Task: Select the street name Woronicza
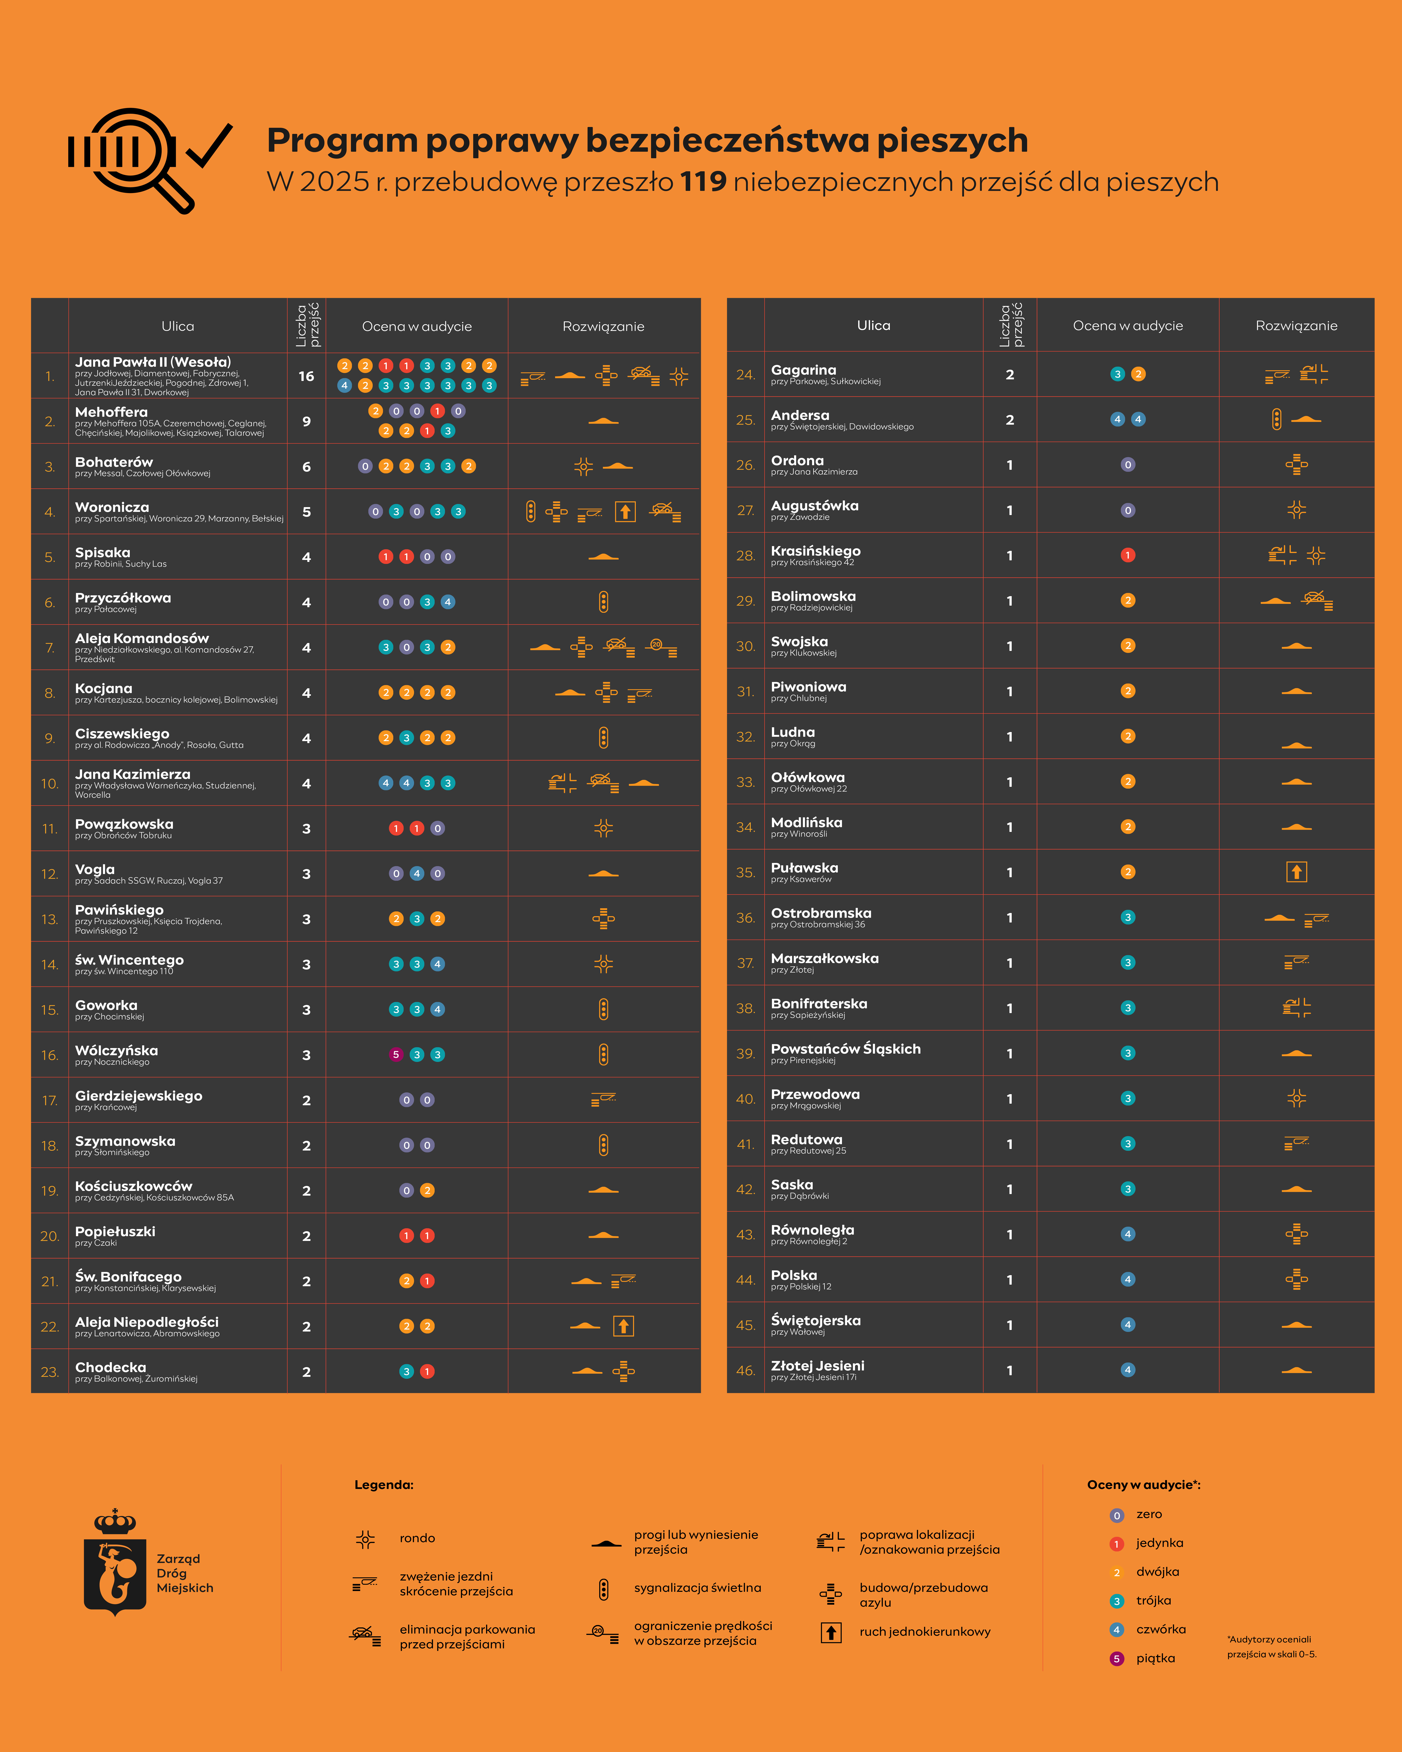(x=112, y=507)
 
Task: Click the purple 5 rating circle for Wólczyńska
(x=396, y=1055)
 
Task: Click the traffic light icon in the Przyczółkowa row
(x=603, y=602)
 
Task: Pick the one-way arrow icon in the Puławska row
(x=1296, y=872)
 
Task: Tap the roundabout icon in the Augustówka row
(x=1296, y=510)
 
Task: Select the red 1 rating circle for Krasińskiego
(x=1127, y=555)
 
